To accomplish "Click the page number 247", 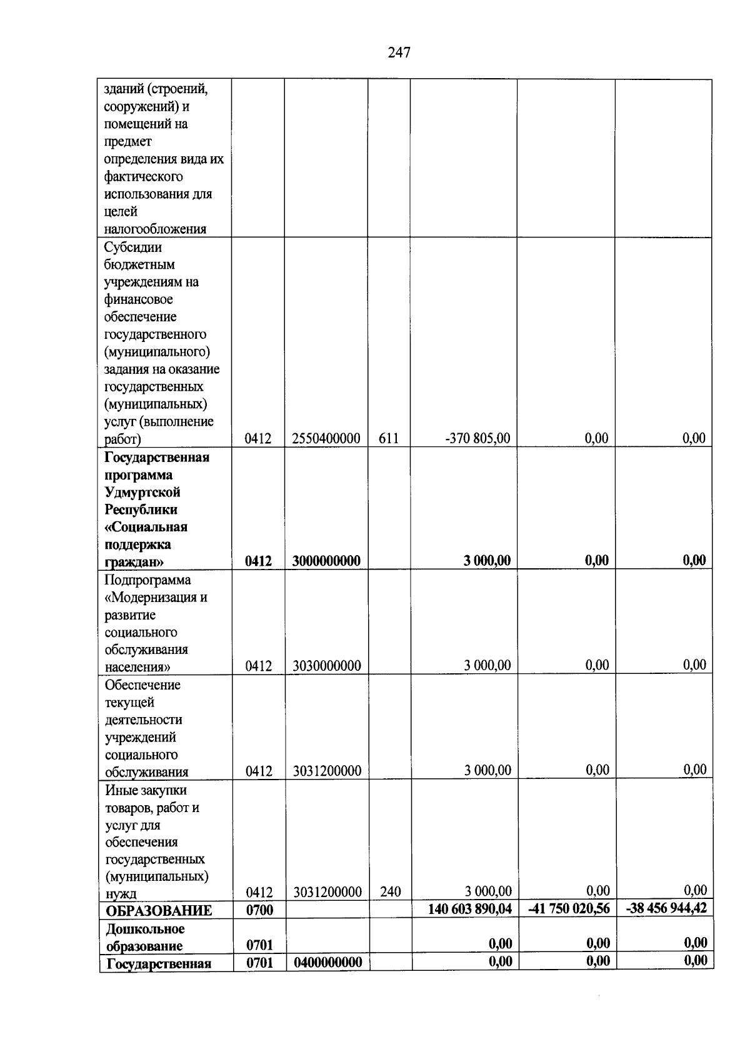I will click(x=399, y=53).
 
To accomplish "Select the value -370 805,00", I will click(x=477, y=439).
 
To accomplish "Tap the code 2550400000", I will click(x=326, y=439).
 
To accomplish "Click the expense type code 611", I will click(x=389, y=439).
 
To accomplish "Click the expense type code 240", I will click(x=390, y=892).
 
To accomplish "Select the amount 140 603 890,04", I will click(x=469, y=909).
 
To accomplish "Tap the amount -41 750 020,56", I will click(x=569, y=909).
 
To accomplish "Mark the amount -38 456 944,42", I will click(x=666, y=908).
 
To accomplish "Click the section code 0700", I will click(x=259, y=910).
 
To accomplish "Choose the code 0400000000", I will click(x=328, y=962).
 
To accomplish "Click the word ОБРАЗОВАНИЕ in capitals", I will click(x=159, y=911).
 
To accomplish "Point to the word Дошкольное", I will click(x=145, y=929).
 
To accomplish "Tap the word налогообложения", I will click(x=155, y=229).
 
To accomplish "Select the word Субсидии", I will click(x=133, y=247).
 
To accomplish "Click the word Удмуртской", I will click(x=142, y=493).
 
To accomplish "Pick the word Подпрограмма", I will click(x=147, y=580).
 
